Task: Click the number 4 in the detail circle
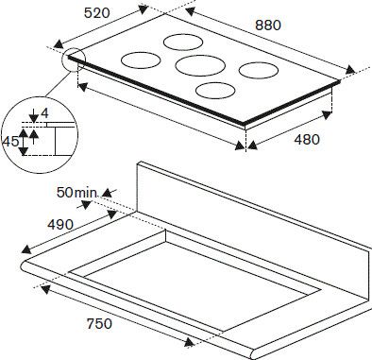click(x=44, y=114)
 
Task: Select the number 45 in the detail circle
click(x=11, y=142)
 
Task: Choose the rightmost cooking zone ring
click(x=256, y=70)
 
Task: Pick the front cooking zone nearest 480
click(x=215, y=92)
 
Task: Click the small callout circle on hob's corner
click(x=74, y=60)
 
